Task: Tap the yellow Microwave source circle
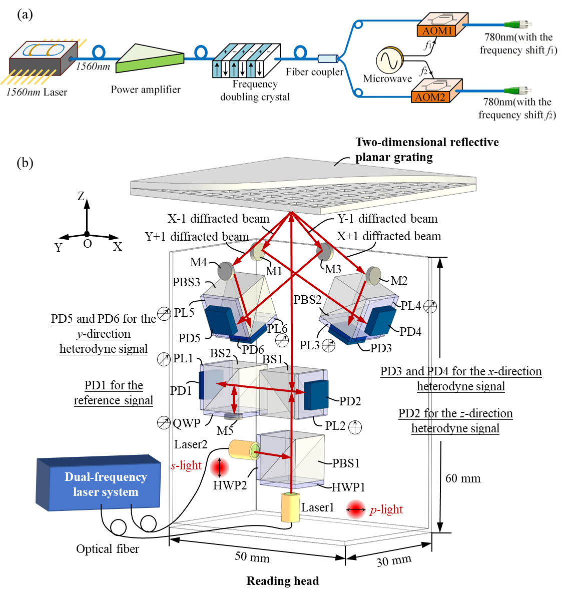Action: point(389,60)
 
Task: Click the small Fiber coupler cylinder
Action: point(327,58)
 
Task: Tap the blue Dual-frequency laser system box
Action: point(99,483)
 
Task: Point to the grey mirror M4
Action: point(226,271)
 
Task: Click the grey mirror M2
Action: point(373,275)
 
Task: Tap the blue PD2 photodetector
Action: point(316,395)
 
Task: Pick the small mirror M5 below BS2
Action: point(234,416)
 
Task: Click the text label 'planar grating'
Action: point(394,158)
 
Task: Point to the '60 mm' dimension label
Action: point(463,478)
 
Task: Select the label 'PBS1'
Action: point(346,463)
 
